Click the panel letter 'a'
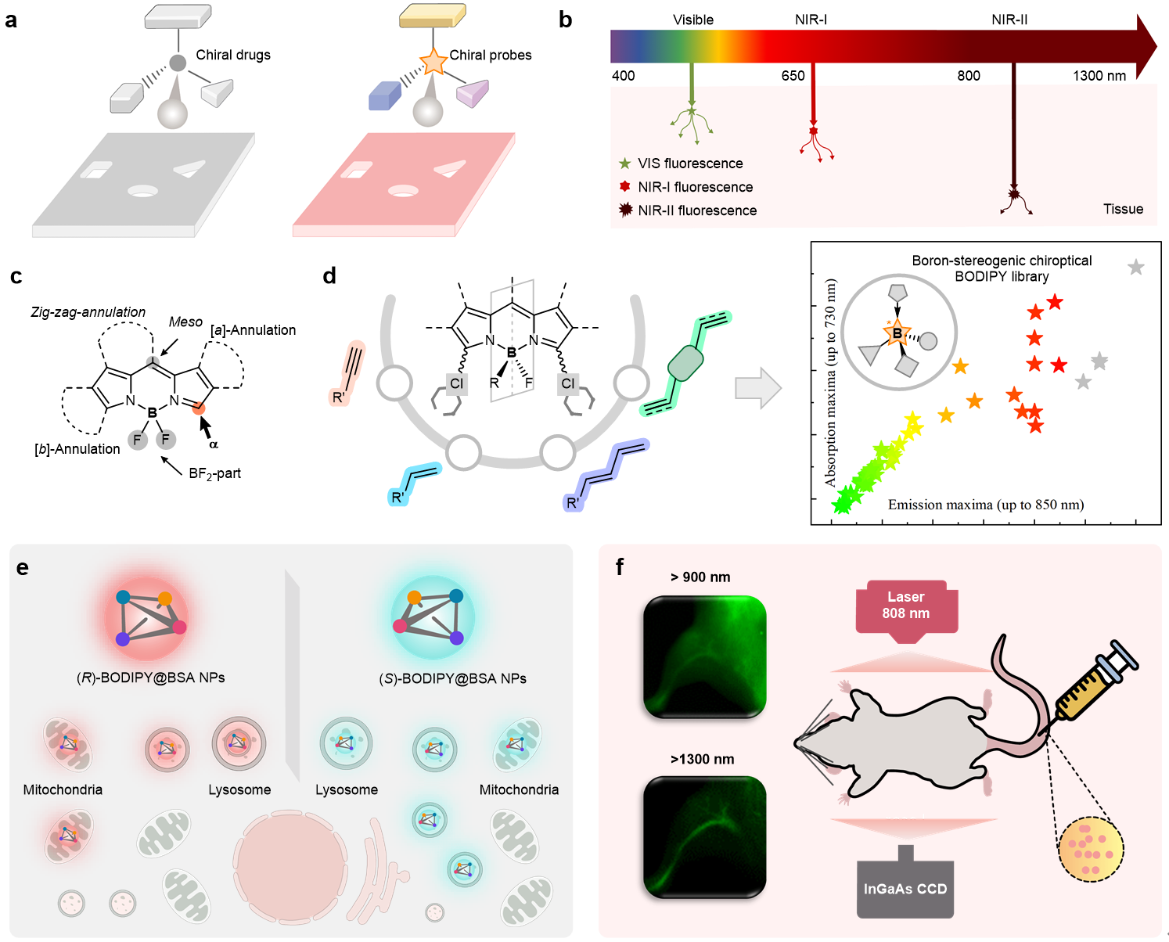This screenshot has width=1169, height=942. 11,20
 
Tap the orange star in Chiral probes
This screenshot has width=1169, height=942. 433,61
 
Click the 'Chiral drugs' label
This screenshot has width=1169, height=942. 232,55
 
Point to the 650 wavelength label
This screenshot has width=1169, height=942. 793,76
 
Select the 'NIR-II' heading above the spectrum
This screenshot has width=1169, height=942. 1009,20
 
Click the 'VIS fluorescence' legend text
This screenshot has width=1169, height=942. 690,164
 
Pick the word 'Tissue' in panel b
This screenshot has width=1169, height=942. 1123,209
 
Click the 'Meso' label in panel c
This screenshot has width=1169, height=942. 185,322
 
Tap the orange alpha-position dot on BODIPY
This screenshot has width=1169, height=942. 199,407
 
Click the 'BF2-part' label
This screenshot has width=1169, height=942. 214,473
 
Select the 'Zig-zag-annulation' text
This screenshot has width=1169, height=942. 88,312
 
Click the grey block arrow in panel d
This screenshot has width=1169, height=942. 757,388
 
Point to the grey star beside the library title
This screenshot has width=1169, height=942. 1135,268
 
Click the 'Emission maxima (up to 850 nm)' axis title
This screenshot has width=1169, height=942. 986,505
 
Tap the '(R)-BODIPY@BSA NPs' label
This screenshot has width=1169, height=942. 150,678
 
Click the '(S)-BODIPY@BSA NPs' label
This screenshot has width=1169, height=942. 452,678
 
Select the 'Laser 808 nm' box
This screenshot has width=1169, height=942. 906,606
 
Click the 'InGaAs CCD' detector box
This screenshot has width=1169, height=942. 905,889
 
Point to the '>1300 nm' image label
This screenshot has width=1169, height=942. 702,759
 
